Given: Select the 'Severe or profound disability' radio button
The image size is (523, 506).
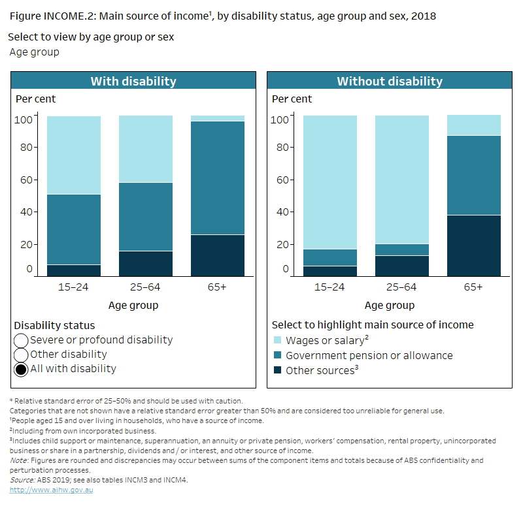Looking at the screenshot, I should [x=21, y=340].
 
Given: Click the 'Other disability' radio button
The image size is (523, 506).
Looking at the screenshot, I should [x=21, y=355].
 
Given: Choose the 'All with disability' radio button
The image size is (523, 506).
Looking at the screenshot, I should [x=21, y=369].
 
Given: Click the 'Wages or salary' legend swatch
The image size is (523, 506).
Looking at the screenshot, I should [x=277, y=340].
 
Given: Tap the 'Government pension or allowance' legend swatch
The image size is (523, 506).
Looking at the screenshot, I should [x=277, y=356].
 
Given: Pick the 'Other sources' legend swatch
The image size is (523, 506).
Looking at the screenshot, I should [x=277, y=370].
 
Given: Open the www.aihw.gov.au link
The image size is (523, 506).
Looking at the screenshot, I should [x=52, y=490].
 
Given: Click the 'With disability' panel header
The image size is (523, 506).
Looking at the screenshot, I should [x=133, y=82].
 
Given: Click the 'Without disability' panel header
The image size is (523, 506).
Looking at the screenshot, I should [x=389, y=82].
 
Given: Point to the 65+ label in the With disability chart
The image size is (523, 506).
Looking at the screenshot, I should [x=217, y=287].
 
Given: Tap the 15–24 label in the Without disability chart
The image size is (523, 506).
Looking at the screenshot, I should [x=330, y=287].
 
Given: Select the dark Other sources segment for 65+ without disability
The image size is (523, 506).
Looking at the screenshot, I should [x=473, y=246].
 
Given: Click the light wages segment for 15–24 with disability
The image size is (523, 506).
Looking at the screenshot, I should [x=74, y=155].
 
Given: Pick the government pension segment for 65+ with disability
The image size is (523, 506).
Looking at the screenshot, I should [x=217, y=178].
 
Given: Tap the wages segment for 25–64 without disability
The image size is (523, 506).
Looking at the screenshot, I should [x=401, y=180].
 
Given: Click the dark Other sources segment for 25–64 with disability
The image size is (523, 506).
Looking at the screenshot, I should [x=145, y=264].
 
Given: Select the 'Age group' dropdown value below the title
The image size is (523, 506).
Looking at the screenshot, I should [x=34, y=52].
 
